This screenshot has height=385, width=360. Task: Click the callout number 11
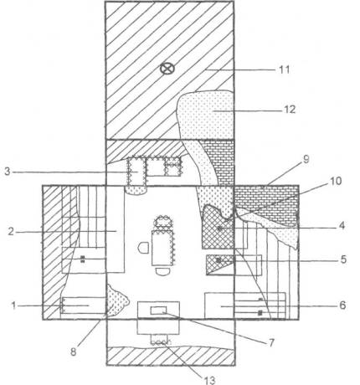pyautogui.click(x=285, y=69)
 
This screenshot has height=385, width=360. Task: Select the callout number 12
pyautogui.click(x=290, y=109)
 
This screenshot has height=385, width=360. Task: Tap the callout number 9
pyautogui.click(x=306, y=160)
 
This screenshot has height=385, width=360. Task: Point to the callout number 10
pyautogui.click(x=336, y=181)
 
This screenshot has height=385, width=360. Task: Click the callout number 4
pyautogui.click(x=342, y=225)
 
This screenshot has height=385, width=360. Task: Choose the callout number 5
pyautogui.click(x=343, y=259)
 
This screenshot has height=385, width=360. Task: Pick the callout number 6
pyautogui.click(x=342, y=305)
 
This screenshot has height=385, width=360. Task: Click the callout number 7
pyautogui.click(x=271, y=342)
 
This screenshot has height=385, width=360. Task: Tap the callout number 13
pyautogui.click(x=209, y=380)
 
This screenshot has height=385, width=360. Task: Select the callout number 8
pyautogui.click(x=73, y=352)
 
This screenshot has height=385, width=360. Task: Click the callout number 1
pyautogui.click(x=13, y=305)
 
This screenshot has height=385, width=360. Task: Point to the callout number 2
pyautogui.click(x=11, y=231)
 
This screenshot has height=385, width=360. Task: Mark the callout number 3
pyautogui.click(x=8, y=172)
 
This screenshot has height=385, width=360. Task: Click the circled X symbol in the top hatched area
pyautogui.click(x=167, y=69)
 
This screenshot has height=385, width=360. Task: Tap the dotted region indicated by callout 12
pyautogui.click(x=205, y=115)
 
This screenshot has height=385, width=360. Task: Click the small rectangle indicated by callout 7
pyautogui.click(x=158, y=310)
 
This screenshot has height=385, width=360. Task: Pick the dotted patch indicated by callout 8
pyautogui.click(x=117, y=301)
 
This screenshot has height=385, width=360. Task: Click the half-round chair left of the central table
pyautogui.click(x=144, y=248)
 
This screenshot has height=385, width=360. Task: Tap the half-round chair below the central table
pyautogui.click(x=163, y=271)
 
